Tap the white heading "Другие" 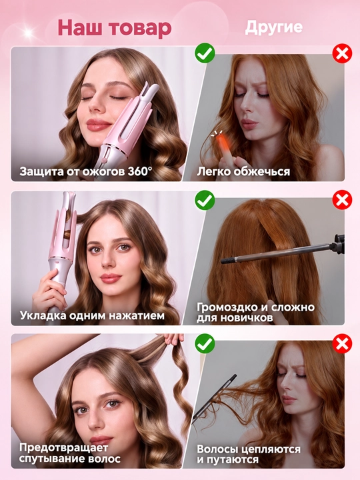pos(274,27)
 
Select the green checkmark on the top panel pos(205,53)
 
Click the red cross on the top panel pos(342,54)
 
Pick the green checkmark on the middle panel pos(205,200)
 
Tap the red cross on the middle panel pos(342,200)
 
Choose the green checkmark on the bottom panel pos(205,343)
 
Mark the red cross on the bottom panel pos(342,343)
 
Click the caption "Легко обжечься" pos(243,171)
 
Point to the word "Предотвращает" pos(64,448)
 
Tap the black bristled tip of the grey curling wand pos(227,261)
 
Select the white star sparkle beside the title pos(29,33)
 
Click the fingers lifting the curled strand pos(173,339)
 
